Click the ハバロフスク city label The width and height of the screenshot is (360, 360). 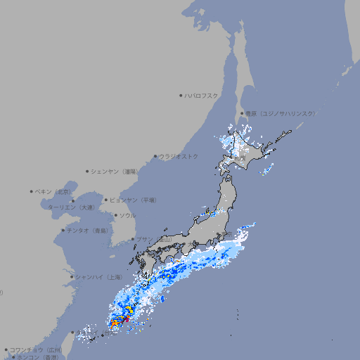coord(202,96)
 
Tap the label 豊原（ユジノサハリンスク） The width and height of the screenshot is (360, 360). coord(280,113)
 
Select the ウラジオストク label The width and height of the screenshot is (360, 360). coord(179,156)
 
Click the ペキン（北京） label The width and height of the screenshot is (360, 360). coord(53,191)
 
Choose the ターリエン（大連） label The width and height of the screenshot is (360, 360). coord(70,207)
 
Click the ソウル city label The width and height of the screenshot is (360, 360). coord(127,215)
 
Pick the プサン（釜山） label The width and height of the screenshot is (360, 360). coord(154,240)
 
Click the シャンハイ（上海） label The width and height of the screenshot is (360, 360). coord(98,276)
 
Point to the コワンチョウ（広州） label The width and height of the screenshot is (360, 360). coord(36,349)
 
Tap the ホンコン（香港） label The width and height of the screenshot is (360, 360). coord(34,357)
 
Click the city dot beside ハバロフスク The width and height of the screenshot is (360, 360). coord(181,96)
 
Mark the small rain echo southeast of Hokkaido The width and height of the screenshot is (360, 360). coord(266,170)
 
